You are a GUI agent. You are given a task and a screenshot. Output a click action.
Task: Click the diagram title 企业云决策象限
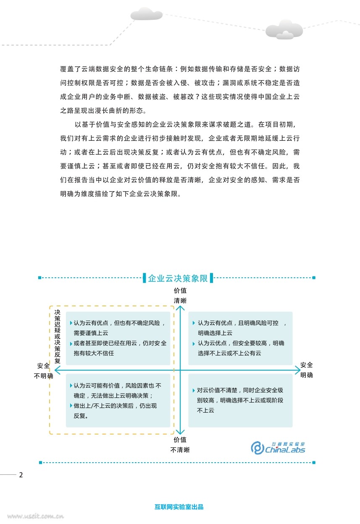point(178,278)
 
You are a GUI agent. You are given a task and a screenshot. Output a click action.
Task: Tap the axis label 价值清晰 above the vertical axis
point(180,295)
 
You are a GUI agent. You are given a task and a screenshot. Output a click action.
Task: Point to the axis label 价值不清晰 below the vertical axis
point(180,445)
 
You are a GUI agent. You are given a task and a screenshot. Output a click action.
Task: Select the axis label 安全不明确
point(44,370)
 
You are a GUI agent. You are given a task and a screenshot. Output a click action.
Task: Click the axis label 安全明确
point(307,370)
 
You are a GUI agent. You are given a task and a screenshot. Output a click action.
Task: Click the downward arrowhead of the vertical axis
point(180,432)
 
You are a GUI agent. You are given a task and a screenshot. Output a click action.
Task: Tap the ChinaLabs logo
point(278,448)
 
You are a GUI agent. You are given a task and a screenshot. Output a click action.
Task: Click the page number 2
point(21,475)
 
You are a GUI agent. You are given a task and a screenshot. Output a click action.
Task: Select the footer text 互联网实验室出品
point(179,507)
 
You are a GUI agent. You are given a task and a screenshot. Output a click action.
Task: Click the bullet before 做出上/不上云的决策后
point(71,406)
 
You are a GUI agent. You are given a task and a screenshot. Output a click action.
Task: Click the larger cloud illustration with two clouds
point(284,29)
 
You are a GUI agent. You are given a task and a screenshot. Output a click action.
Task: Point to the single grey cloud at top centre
point(146,14)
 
